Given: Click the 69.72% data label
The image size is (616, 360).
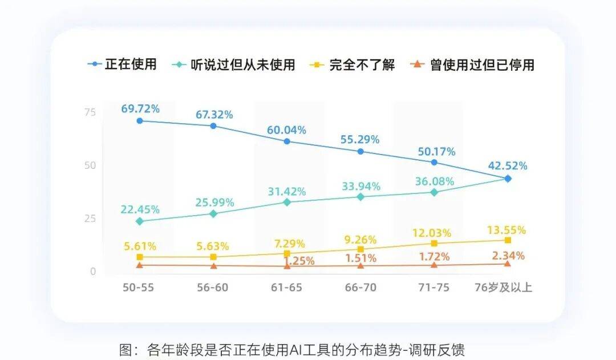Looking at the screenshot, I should [140, 108].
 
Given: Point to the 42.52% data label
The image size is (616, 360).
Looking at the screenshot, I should [508, 166].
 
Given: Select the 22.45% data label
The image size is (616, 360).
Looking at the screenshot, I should [140, 209].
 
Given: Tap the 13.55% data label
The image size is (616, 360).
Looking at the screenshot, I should [506, 230].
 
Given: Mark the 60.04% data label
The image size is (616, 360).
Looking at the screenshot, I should [286, 130].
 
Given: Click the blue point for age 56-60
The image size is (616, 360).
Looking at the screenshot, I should [213, 126].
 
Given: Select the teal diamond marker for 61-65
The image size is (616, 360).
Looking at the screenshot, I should [287, 202].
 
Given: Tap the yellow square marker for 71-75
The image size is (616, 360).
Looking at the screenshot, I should [434, 244].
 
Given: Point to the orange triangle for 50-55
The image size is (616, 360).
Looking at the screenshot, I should [140, 265].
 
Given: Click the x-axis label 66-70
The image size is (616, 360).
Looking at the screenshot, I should [360, 287].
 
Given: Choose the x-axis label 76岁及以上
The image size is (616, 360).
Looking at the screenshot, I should [503, 287].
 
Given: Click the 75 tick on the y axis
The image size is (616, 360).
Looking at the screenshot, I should [90, 112].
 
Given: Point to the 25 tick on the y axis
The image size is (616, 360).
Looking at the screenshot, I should [90, 219].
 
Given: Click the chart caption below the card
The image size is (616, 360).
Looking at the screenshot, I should [291, 349].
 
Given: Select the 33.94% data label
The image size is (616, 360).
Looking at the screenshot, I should [360, 186].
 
